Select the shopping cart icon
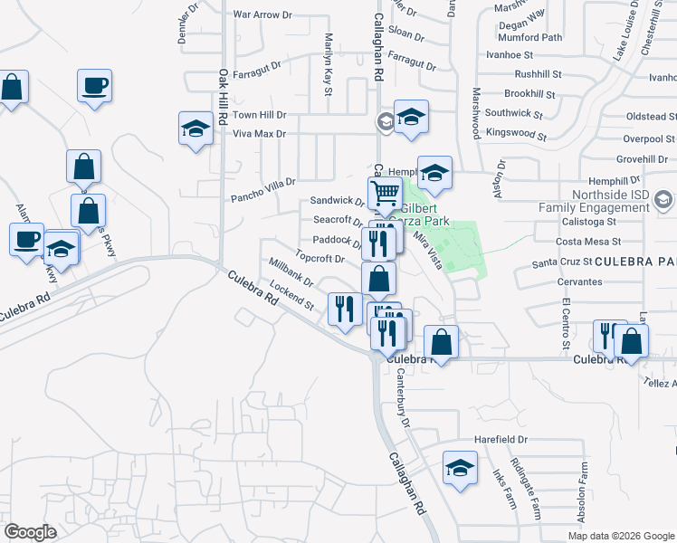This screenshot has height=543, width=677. [x=385, y=192]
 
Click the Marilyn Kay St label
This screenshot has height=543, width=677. [x=327, y=62]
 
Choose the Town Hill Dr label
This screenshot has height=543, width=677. [x=259, y=116]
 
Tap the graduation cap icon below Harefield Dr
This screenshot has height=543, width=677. [x=460, y=469]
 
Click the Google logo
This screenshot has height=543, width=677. [x=29, y=532]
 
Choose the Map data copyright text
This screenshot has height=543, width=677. [x=620, y=536]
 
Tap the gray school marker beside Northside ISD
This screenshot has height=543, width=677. [x=663, y=198]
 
